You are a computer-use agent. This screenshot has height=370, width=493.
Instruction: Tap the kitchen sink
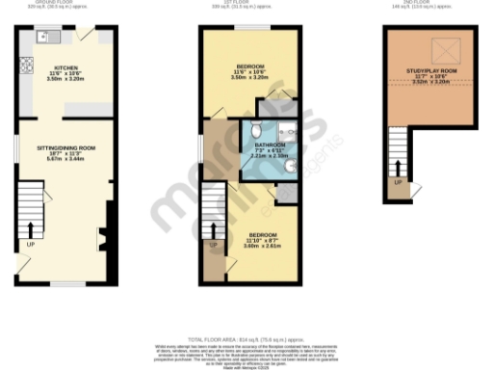pos(43,37)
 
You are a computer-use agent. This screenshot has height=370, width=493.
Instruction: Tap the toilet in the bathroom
pos(256,131)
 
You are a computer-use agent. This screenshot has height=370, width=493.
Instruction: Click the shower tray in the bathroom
pos(285,131)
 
